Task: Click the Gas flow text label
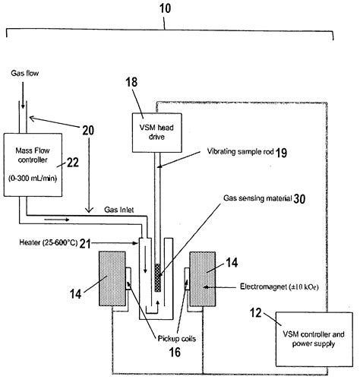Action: pos(24,74)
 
